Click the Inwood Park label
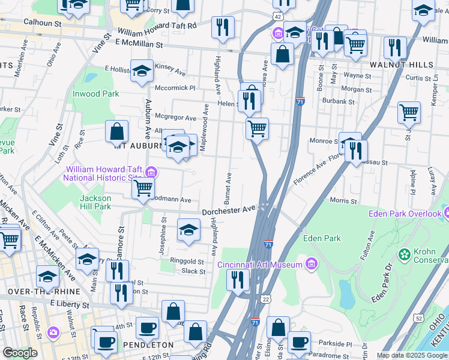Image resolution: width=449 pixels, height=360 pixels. pyautogui.click(x=96, y=94)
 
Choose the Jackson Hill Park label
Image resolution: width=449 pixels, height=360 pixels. pyautogui.click(x=95, y=202)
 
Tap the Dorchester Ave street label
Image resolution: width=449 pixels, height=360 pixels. pyautogui.click(x=229, y=211)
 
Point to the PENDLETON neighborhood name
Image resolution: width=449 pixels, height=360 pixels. pyautogui.click(x=147, y=345)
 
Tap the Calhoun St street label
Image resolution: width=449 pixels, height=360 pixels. pyautogui.click(x=43, y=22)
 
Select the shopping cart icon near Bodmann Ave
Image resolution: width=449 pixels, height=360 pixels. pyautogui.click(x=143, y=187)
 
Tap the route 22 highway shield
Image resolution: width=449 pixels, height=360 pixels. pyautogui.click(x=265, y=299)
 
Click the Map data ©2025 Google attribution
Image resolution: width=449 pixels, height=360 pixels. pyautogui.click(x=411, y=355)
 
